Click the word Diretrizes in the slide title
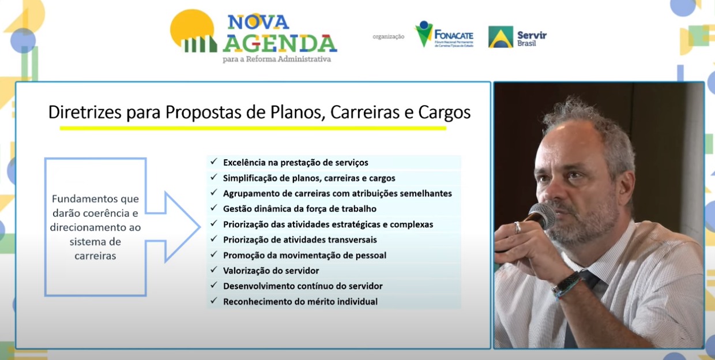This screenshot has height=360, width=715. point(85,112)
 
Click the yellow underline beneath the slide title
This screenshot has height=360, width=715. point(253,128)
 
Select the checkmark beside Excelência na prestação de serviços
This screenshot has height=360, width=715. point(213,162)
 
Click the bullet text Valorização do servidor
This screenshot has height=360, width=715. point(271,271)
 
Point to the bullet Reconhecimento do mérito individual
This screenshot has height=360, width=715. point(300,302)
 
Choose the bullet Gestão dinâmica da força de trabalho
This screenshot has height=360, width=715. point(300,209)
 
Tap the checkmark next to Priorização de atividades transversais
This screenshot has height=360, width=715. point(213,239)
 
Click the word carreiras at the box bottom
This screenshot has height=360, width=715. point(95,256)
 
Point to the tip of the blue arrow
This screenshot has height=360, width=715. point(200,227)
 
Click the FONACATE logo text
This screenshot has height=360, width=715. point(454,35)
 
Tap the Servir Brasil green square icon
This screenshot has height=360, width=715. point(501,37)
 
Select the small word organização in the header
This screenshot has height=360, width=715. point(388,37)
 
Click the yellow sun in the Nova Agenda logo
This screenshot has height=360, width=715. point(191,27)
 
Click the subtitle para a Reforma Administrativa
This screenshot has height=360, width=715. point(277,59)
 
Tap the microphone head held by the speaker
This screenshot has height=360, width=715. point(543,216)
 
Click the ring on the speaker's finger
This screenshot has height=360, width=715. point(517,227)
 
